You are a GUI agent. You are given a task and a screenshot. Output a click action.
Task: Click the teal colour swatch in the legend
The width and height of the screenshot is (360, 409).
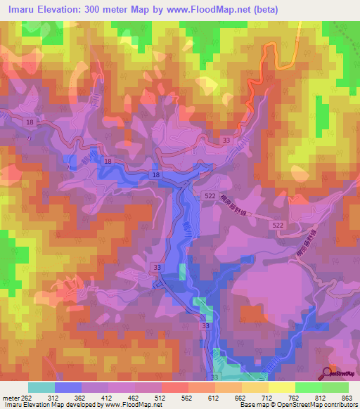pos(41,387)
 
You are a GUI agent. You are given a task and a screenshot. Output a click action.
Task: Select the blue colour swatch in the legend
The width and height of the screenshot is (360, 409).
pos(68,387)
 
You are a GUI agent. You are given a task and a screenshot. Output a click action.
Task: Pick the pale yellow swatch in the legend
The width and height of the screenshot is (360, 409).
pos(282,387)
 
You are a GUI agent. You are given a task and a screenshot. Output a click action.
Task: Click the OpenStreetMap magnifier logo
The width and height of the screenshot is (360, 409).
pos(327,372)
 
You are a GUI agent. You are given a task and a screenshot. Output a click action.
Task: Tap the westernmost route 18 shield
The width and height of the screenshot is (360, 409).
pos(29,122)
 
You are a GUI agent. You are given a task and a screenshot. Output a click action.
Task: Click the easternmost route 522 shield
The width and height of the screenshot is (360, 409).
pos(278,224)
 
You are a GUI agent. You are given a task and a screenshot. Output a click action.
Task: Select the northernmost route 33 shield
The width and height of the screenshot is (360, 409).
pos(226,141)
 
